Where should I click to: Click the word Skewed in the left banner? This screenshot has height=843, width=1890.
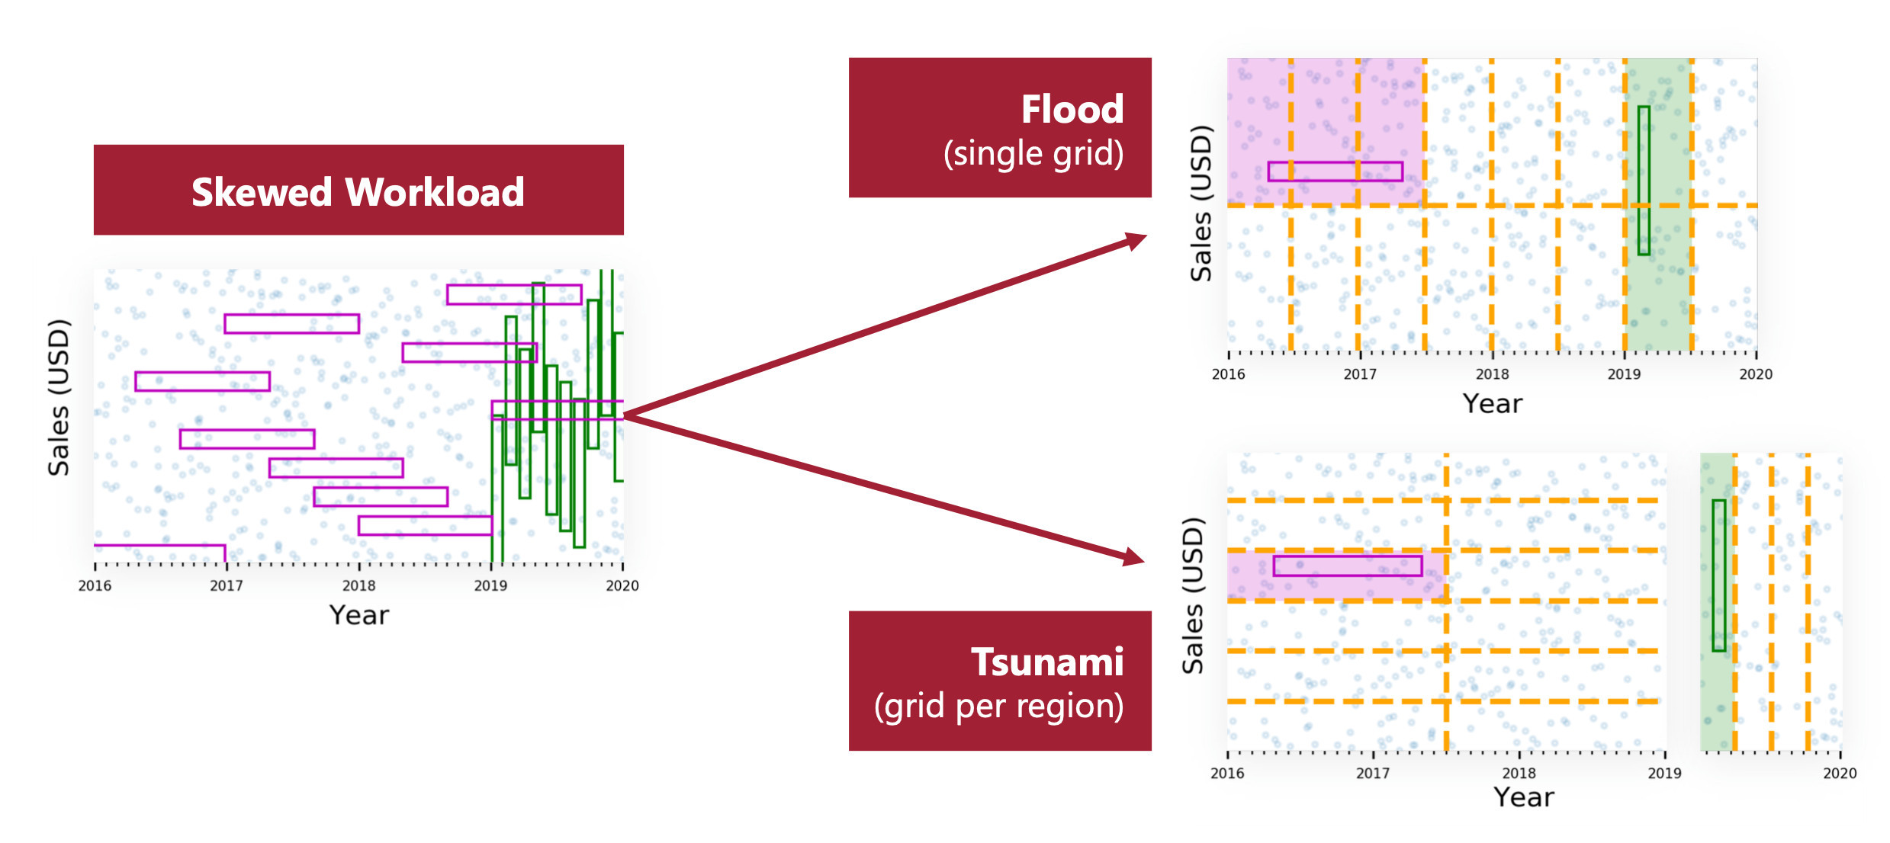coord(262,192)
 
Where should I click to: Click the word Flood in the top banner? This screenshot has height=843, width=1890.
coord(1072,110)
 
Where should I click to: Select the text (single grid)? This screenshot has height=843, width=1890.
coord(1033,154)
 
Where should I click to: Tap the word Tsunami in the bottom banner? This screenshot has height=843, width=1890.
coord(1046,662)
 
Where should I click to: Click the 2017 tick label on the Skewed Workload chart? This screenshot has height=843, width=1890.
coord(226,585)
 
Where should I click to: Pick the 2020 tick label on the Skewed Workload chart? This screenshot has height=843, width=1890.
coord(622,585)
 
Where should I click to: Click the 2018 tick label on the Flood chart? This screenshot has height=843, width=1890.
coord(1492,374)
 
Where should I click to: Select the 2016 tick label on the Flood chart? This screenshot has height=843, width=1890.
coord(1228,374)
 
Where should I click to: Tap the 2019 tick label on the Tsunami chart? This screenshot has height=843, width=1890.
coord(1664,773)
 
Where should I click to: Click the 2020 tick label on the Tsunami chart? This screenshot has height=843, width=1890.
coord(1839,773)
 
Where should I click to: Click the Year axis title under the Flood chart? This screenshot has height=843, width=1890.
coord(1492,404)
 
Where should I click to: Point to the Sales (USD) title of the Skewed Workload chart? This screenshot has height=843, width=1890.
coord(59,397)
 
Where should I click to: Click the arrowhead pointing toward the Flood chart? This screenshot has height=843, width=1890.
coord(1136,241)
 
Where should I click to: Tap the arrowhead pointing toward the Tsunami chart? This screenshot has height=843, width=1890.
coord(1133,557)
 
